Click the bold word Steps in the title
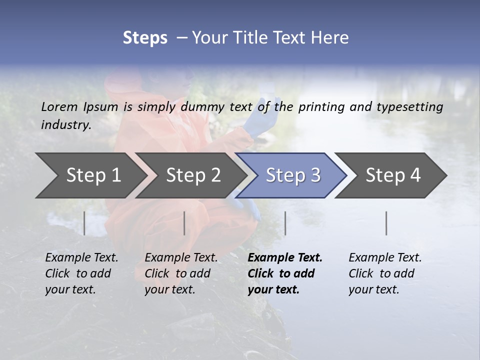tap(145, 38)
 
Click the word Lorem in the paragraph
tap(59, 106)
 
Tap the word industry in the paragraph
tap(65, 125)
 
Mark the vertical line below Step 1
tap(84, 223)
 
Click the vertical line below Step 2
tap(184, 223)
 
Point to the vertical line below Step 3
tap(285, 223)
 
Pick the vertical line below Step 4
tap(386, 223)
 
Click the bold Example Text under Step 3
tap(285, 258)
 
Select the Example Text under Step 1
tap(81, 258)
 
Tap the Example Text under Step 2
tap(181, 258)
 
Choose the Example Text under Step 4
tap(385, 258)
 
